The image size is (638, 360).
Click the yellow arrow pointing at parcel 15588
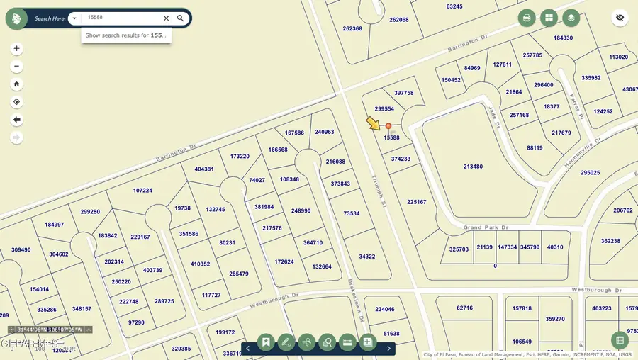374,124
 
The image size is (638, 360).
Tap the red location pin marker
388,127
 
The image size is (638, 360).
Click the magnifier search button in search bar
181,18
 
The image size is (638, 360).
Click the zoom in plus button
17,49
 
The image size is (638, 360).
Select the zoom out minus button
17,67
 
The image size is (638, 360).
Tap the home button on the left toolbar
17,84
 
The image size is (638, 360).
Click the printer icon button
526,18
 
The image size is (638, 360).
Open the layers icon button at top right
571,18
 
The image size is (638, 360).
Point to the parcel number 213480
473,167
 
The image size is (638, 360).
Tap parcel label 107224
142,191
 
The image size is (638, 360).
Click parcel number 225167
417,202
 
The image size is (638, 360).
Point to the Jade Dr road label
494,117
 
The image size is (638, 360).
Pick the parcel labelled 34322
367,257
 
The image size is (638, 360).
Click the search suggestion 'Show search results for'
126,35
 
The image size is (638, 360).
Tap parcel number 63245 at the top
454,6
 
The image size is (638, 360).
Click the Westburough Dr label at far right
596,291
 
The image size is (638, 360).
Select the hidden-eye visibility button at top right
620,18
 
